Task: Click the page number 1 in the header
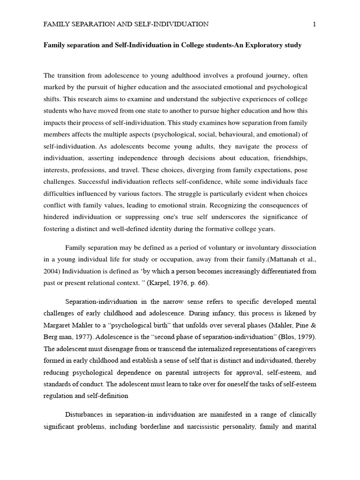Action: tap(314, 24)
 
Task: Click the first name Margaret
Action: tap(59, 325)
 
